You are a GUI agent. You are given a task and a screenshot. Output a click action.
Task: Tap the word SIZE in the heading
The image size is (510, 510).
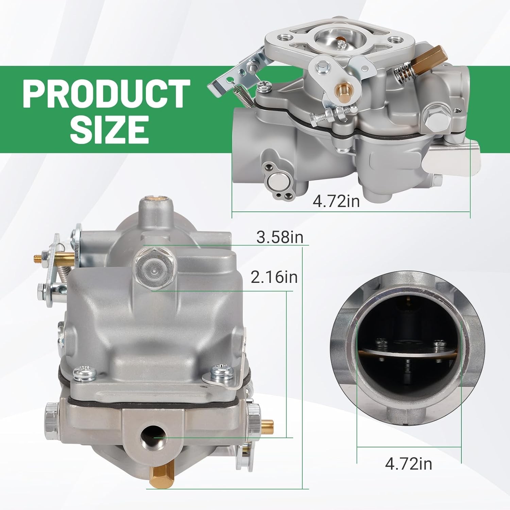tap(109, 129)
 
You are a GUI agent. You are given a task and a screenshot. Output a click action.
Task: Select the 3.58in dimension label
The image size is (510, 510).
tap(279, 237)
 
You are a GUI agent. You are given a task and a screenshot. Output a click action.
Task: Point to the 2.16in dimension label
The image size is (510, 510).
tap(274, 277)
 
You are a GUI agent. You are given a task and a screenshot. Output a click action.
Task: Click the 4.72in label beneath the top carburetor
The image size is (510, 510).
tap(336, 201)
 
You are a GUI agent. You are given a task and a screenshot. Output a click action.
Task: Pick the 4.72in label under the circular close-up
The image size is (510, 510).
tap(408, 463)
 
